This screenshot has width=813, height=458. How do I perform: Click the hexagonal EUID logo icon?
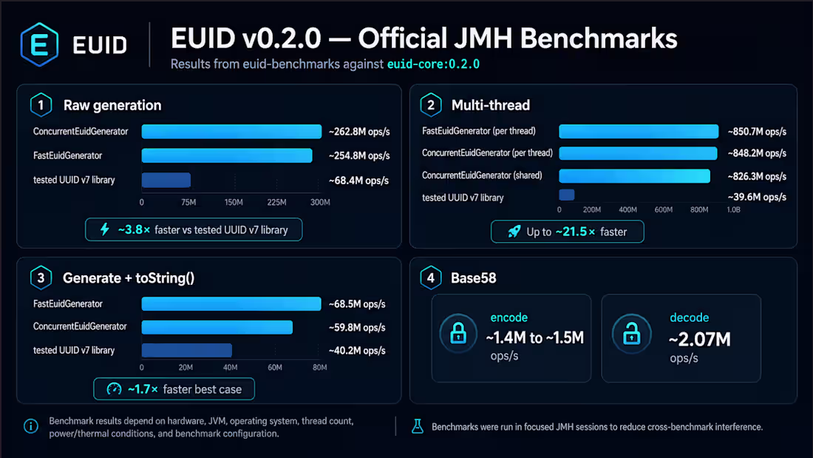pos(39,44)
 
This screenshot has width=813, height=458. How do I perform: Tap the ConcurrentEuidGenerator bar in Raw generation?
pos(231,132)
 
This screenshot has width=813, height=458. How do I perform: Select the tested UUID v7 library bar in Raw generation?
pos(166,181)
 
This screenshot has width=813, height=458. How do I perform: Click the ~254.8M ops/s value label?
pos(358,156)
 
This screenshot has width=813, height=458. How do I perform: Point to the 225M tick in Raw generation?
pos(276,202)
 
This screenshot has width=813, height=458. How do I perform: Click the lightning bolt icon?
pos(105,229)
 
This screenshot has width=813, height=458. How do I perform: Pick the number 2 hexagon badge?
pos(430,105)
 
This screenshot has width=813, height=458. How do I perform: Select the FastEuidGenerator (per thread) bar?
pos(639,132)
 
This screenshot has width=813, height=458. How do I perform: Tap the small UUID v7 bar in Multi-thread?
pos(567,195)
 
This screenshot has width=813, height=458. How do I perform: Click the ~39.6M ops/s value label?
pos(757,198)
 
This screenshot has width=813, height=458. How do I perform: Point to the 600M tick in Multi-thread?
pos(663,210)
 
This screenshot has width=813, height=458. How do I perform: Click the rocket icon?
pos(514,232)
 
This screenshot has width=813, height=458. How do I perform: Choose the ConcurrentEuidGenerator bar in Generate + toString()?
pos(217,327)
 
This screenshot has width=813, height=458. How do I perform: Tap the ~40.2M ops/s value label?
pos(357,351)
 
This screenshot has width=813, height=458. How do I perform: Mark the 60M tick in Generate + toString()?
pos(275,368)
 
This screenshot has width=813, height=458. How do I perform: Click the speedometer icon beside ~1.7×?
pos(114,389)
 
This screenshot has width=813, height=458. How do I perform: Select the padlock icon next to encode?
pos(458,334)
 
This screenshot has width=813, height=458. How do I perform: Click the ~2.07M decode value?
pos(699,340)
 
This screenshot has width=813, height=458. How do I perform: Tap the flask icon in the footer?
pos(418,426)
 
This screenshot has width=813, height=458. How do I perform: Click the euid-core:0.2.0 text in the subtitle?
pos(433,64)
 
